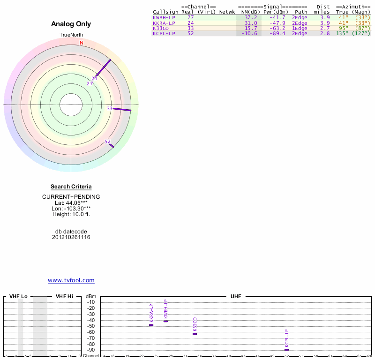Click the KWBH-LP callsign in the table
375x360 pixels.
164,17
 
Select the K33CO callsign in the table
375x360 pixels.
161,28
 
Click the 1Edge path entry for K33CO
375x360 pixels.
300,28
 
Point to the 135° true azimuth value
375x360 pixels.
342,34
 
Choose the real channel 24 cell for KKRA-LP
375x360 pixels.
190,23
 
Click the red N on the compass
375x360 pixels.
82,43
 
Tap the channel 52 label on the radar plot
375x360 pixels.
108,142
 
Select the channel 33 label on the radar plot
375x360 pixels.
110,108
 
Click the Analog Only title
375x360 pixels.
71,24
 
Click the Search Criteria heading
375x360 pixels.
71,187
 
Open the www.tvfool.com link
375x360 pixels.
71,280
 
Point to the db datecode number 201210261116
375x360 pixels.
71,237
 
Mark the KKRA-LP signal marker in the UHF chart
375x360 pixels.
151,325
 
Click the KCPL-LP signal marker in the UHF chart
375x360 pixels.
286,350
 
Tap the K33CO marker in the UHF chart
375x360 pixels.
195,334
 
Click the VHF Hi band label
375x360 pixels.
64,296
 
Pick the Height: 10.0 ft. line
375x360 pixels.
71,214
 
